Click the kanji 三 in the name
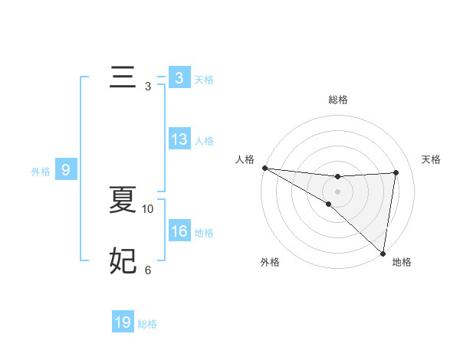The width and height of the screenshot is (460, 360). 123,78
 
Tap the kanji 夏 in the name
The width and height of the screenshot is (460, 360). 123,201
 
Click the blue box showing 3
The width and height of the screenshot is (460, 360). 179,78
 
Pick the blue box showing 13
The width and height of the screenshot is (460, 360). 179,140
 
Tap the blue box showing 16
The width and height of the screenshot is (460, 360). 179,231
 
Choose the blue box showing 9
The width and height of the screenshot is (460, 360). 66,170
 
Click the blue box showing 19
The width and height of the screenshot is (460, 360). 123,322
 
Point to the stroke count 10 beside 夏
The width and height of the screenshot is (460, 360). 148,208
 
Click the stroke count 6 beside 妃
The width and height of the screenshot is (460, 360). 148,270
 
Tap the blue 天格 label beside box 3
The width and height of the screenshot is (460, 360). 204,80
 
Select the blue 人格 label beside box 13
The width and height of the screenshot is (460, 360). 204,141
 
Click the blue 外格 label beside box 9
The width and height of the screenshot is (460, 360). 41,172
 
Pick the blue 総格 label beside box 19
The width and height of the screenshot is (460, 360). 147,324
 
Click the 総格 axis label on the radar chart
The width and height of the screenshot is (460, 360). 337,100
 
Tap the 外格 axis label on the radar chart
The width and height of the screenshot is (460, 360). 270,262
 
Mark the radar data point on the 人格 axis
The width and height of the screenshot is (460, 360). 264,168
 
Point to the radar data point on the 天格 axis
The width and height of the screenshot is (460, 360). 396,172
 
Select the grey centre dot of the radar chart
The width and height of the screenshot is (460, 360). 337,191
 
